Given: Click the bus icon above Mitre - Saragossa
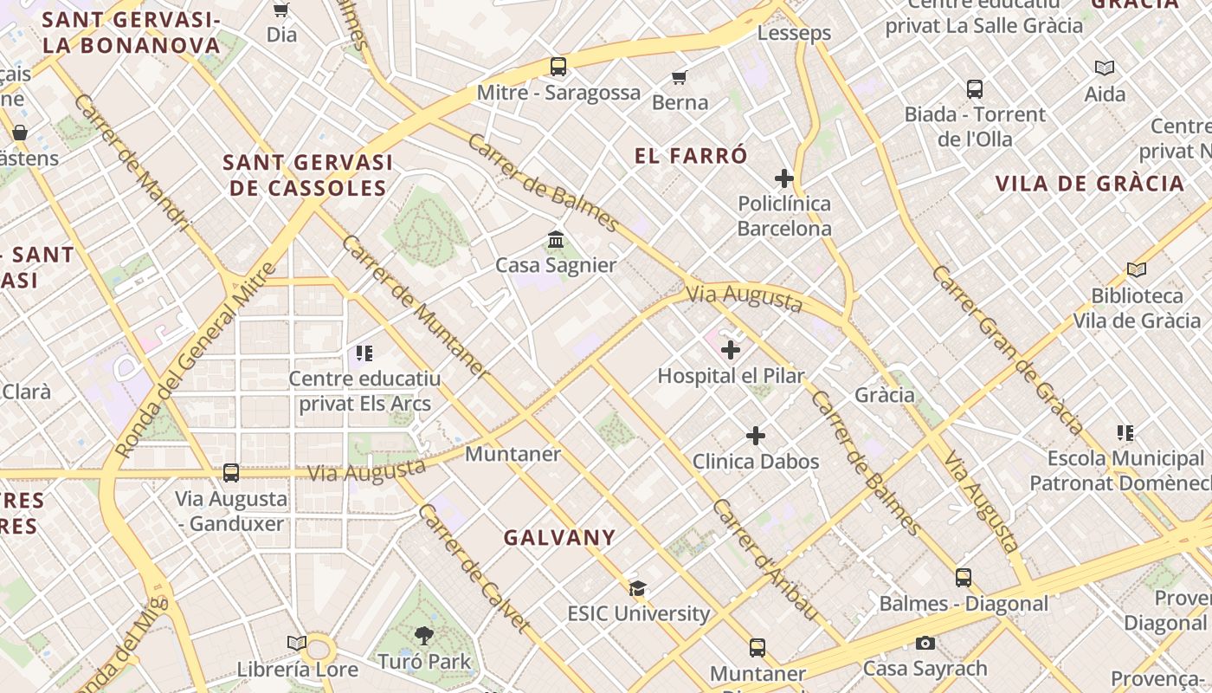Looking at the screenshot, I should click(558, 67).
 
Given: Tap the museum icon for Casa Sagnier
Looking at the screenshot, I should click(556, 239).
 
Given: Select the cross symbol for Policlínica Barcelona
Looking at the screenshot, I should click(784, 179).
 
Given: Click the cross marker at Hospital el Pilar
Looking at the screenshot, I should click(731, 350).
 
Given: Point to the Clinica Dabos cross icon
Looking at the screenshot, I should click(756, 436).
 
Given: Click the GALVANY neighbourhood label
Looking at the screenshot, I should click(559, 538).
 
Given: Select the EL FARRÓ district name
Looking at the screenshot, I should click(691, 157).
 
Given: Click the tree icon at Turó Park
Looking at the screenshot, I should click(424, 637).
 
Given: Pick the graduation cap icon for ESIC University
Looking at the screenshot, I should click(638, 589).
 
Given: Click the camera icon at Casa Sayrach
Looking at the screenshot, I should click(925, 644).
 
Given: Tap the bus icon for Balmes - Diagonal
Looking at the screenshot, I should click(964, 578).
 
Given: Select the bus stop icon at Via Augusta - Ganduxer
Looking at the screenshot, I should click(231, 473).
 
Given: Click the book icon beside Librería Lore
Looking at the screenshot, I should click(297, 644).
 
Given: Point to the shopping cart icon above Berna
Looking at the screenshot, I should click(680, 78).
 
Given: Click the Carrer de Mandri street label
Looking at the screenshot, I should click(132, 162).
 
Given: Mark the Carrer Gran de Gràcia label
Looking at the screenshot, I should click(1007, 350).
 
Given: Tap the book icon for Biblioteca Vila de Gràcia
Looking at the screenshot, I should click(1137, 270).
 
